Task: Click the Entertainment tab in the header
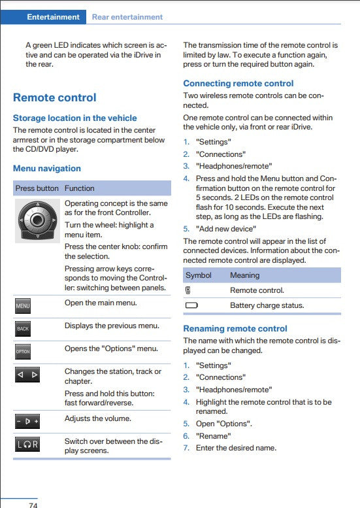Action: click(53, 17)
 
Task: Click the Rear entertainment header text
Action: click(127, 17)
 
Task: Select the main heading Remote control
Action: click(54, 98)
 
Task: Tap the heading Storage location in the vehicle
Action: click(74, 118)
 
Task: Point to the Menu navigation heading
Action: click(47, 169)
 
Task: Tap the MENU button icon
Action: click(23, 305)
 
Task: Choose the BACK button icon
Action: click(23, 328)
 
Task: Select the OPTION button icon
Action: click(23, 351)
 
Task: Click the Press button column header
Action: click(37, 188)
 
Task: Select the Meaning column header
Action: click(244, 275)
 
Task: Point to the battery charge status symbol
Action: click(191, 305)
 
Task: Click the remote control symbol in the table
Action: click(188, 290)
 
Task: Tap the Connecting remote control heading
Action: click(238, 84)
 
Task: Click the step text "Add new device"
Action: click(226, 229)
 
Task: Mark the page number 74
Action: click(33, 505)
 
